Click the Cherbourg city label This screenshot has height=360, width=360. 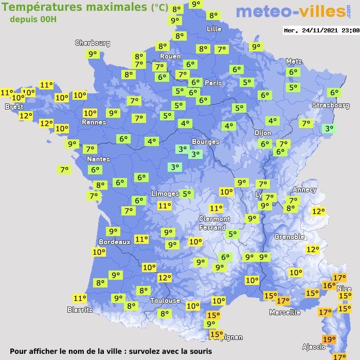(93, 43)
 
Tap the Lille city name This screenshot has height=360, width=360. (213, 29)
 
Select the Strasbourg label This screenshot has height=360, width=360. (331, 105)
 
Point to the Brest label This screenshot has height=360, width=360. (14, 106)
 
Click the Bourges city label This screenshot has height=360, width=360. (205, 141)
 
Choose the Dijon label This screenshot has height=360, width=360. (263, 133)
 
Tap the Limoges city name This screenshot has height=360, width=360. (165, 193)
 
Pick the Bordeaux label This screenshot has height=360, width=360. (114, 242)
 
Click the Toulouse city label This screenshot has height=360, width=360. (165, 300)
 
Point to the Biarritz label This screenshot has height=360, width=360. (80, 310)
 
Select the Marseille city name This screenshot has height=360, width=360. (285, 312)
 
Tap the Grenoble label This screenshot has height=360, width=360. (290, 237)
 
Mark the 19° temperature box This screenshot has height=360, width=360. (329, 339)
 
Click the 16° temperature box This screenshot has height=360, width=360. (329, 285)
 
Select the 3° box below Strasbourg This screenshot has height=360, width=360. (329, 129)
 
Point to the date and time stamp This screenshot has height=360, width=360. (321, 30)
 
